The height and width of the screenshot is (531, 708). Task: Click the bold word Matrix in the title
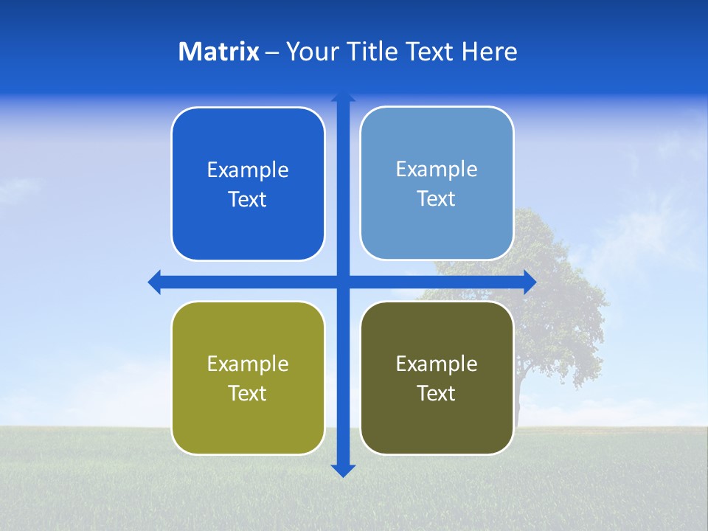[x=218, y=52]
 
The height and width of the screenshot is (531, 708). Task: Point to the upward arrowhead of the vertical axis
[x=343, y=97]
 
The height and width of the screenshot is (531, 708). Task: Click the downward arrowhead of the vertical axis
[x=343, y=470]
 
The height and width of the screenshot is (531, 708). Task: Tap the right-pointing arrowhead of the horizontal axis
[x=529, y=282]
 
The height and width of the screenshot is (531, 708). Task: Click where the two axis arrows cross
[x=343, y=282]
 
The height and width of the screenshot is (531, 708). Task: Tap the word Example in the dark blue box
[x=248, y=170]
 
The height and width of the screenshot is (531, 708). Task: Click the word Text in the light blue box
[x=437, y=199]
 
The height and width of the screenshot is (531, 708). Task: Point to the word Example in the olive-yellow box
[x=248, y=364]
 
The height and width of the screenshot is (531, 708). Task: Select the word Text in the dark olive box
[x=437, y=394]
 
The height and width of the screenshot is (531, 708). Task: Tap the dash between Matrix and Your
[x=272, y=52]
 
